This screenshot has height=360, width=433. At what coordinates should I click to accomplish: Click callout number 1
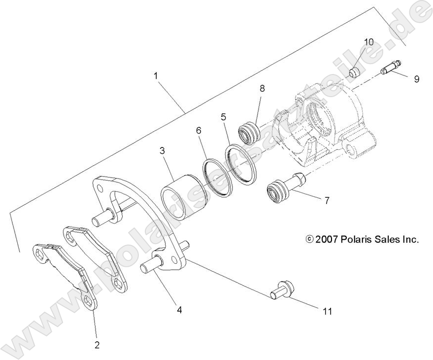tap(156, 76)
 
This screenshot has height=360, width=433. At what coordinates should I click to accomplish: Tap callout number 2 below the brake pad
tap(97, 345)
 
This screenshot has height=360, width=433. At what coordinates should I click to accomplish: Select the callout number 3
tap(162, 151)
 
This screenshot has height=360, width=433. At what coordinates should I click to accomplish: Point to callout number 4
tap(179, 310)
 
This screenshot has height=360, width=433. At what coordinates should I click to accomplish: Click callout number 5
tap(223, 117)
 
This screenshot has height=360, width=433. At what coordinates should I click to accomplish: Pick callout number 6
tap(199, 130)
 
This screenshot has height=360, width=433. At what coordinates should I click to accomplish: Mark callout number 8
tap(262, 88)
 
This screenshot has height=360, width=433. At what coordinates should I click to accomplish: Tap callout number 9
tap(416, 78)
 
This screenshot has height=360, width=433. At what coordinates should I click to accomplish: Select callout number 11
tap(327, 311)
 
